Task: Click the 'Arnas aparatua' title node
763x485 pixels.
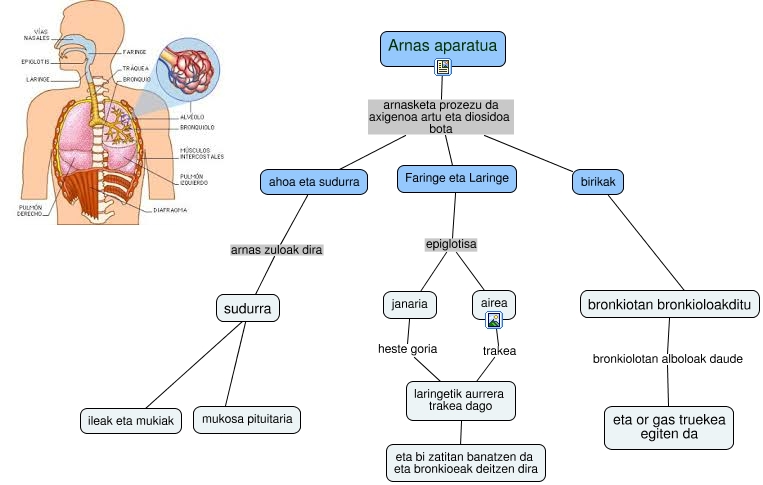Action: pos(444,47)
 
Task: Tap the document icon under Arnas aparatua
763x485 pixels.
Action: pos(444,67)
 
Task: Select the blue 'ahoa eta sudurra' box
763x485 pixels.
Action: pos(313,182)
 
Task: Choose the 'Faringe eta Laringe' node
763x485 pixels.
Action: pos(456,179)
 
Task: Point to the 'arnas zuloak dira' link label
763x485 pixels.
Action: pos(276,249)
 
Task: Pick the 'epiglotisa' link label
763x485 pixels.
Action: pos(451,243)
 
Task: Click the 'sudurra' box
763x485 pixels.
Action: pos(247,308)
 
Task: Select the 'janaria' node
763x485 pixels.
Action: pos(410,304)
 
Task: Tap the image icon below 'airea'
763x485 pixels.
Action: pos(493,320)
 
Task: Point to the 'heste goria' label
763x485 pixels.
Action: pos(407,350)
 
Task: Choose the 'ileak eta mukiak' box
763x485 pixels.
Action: pos(131,421)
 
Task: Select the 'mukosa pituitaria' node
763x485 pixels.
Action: pos(247,420)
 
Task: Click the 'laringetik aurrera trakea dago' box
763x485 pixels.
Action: pos(463,401)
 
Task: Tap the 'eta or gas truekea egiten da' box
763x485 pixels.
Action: pos(670,428)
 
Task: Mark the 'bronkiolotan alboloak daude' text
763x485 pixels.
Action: pos(667,358)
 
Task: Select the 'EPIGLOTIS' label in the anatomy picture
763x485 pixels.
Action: pos(35,61)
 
